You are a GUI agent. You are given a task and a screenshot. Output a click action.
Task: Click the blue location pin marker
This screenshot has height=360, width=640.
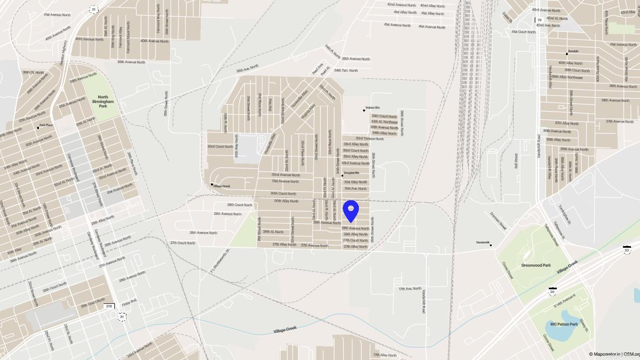pos(351,211)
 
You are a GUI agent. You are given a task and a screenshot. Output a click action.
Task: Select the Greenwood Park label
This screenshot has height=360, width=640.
pos(535,266)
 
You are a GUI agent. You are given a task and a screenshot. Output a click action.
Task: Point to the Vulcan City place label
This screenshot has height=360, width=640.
pos(373,108)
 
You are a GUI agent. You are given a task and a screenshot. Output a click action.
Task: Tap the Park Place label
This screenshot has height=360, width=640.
pos(45,126)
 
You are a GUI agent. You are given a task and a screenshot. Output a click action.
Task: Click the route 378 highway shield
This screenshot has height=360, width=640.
pos(109,306)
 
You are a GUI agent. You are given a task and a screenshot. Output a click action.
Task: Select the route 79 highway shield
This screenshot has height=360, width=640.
pos(539,20)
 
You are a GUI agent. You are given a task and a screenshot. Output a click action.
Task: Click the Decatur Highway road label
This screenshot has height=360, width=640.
pos(63,53)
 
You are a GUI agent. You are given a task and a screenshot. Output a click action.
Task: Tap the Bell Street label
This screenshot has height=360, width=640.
pos(516,161)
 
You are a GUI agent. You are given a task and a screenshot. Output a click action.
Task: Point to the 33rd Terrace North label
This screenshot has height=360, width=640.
pos(369,139)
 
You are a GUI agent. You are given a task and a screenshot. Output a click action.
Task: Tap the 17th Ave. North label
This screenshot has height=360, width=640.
pos(410,289)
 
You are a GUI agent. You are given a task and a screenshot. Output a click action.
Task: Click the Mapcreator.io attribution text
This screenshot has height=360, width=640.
pos(604,354)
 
